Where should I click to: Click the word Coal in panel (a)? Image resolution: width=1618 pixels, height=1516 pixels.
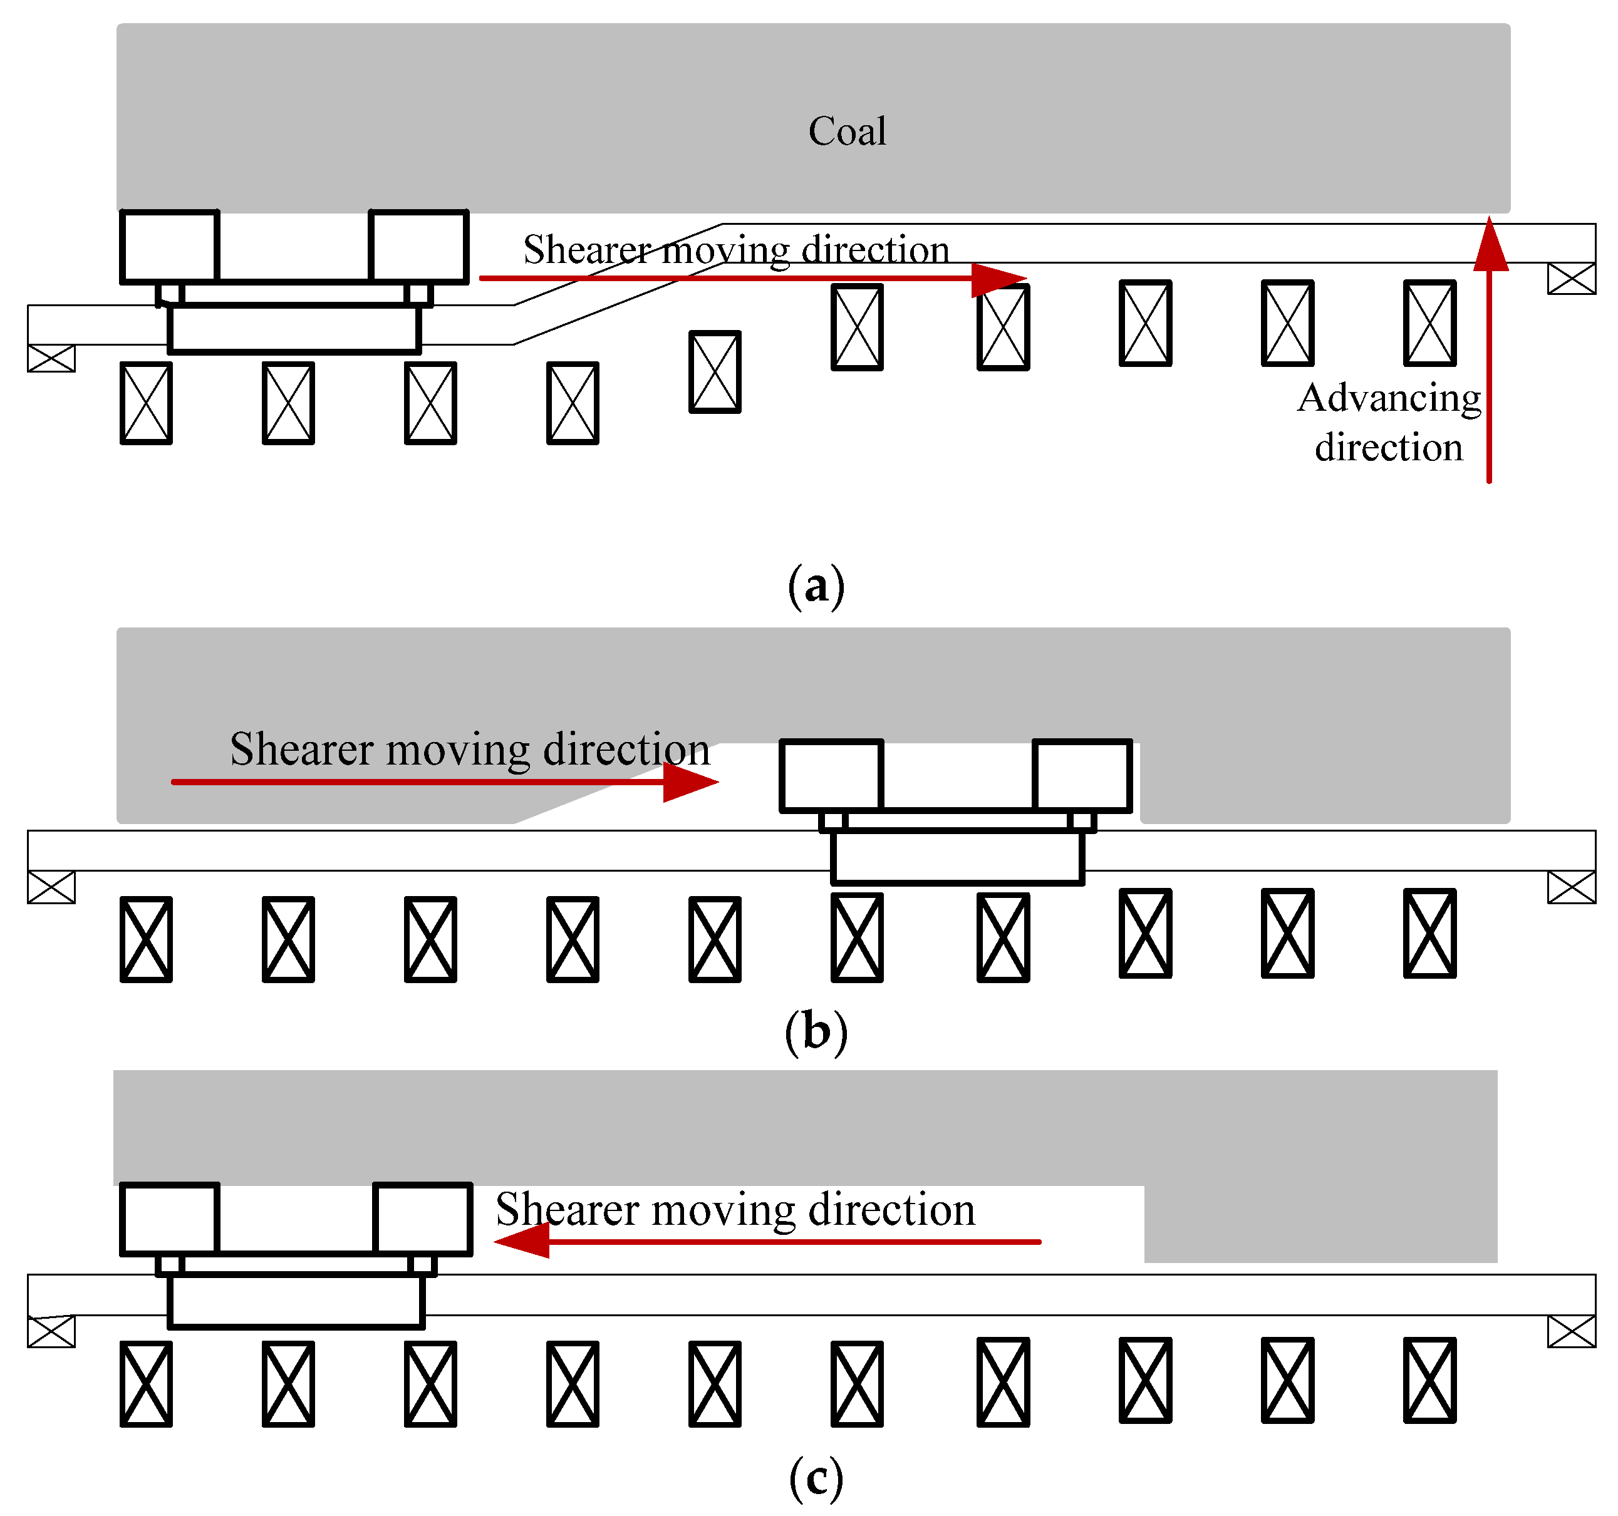click(x=846, y=131)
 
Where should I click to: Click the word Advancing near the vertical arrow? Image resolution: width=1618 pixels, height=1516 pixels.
click(x=1389, y=399)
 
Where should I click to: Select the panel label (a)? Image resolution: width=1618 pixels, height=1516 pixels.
click(x=816, y=586)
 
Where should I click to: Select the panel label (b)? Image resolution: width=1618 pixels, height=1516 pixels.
click(x=816, y=1032)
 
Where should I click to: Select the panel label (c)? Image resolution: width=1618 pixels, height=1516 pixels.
click(x=816, y=1478)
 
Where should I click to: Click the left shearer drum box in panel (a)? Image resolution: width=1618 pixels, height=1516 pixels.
click(x=169, y=247)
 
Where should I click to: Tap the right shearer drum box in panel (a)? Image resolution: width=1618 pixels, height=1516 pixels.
click(x=418, y=247)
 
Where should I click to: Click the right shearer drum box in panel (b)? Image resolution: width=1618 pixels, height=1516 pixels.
click(x=1082, y=775)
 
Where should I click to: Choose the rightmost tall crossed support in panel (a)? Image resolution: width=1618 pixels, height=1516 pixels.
click(x=1430, y=323)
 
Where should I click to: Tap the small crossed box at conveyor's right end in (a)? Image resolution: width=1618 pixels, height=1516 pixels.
click(x=1572, y=278)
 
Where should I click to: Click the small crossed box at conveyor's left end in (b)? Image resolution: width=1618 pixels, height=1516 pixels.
click(x=51, y=887)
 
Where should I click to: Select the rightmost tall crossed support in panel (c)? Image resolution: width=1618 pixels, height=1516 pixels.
click(x=1430, y=1380)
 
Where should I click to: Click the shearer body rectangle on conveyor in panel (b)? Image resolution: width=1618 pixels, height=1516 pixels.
click(x=957, y=857)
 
